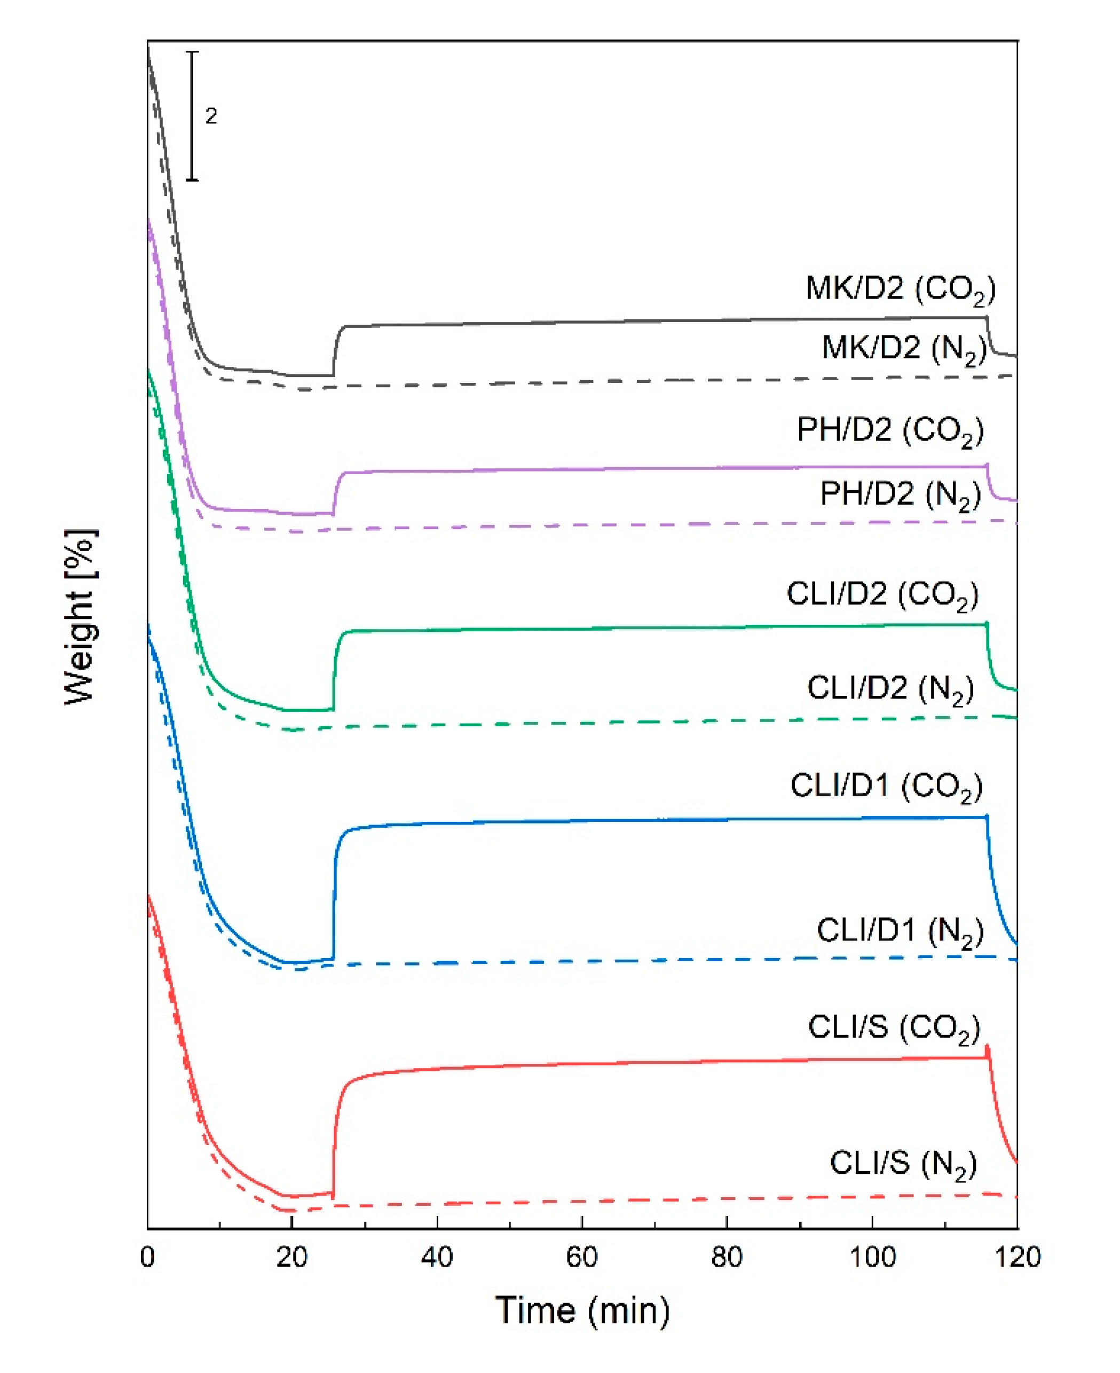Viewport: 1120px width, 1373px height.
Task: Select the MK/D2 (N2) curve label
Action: click(x=903, y=349)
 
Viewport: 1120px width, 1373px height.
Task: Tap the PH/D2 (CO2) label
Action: click(x=890, y=430)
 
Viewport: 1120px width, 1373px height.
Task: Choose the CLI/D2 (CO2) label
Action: click(x=882, y=594)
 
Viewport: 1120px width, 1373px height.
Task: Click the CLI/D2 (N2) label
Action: click(x=890, y=689)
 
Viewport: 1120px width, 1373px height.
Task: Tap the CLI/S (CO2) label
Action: click(x=894, y=1027)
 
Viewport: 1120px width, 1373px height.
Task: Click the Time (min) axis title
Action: click(x=582, y=1311)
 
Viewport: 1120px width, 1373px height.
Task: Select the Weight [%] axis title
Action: click(x=81, y=616)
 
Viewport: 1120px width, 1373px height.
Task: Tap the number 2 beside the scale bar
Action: click(x=211, y=116)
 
